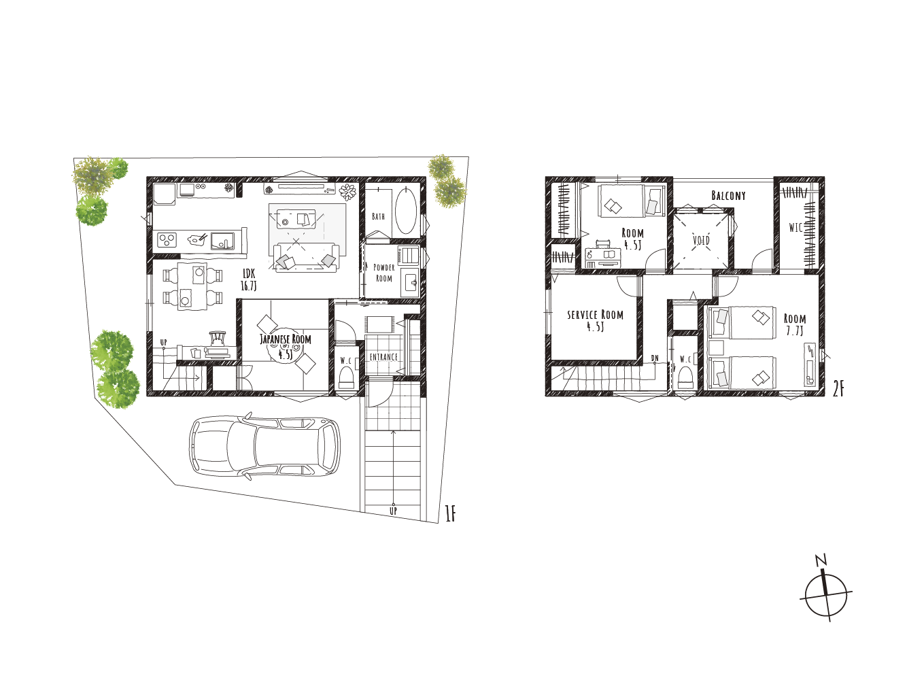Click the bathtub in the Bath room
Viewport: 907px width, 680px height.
point(405,211)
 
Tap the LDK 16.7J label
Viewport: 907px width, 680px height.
point(249,279)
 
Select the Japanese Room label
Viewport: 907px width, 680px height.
point(286,339)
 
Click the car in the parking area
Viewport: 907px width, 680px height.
point(265,446)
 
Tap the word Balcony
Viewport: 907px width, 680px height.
point(728,195)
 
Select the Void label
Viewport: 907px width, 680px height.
point(701,240)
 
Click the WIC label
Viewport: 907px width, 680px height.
point(795,228)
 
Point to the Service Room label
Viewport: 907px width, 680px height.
point(596,315)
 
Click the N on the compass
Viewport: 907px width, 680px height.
point(821,560)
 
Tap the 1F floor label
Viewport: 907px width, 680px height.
point(450,514)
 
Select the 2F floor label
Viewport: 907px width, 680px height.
point(838,389)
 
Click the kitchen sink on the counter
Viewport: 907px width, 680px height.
point(223,241)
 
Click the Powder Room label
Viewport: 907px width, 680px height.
point(384,273)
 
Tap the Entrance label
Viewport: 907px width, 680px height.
point(384,357)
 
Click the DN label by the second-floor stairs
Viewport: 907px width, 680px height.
point(655,358)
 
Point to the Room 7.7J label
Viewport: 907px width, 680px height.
point(795,325)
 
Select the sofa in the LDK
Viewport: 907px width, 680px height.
point(306,257)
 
